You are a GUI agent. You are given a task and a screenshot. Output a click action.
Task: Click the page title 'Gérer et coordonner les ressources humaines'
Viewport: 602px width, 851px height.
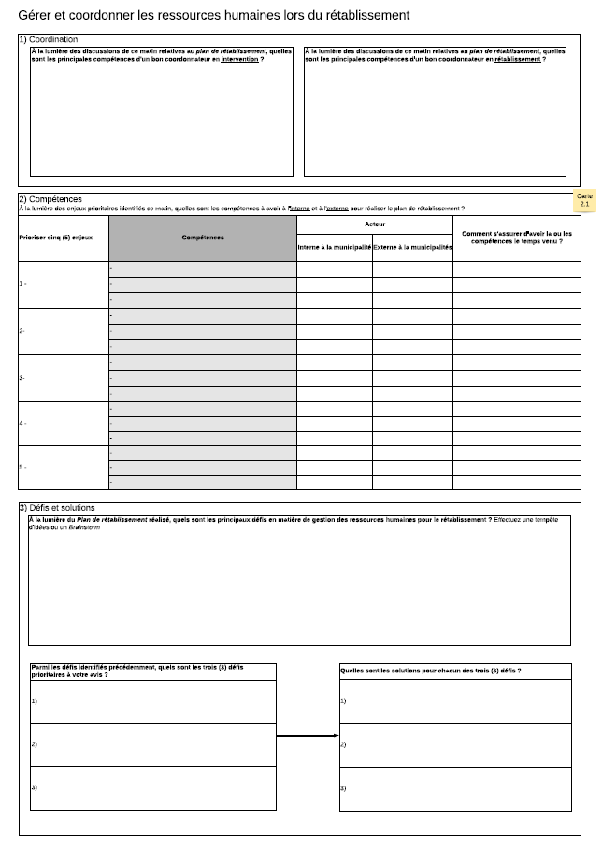(213, 16)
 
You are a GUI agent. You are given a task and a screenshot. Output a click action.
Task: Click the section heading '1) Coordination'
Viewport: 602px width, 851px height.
(49, 39)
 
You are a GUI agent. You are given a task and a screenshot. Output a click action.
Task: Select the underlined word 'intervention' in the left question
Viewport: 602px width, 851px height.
(240, 59)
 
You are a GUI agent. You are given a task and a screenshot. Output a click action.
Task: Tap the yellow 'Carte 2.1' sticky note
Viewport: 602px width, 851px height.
(584, 200)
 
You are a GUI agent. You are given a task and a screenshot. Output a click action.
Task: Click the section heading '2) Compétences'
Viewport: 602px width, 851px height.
(50, 199)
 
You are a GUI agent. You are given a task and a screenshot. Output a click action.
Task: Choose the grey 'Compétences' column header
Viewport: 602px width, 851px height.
(203, 238)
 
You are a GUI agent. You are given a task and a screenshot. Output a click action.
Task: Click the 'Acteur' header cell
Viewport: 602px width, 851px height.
(375, 224)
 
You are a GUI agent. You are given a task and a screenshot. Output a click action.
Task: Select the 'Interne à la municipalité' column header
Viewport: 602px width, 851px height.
(335, 247)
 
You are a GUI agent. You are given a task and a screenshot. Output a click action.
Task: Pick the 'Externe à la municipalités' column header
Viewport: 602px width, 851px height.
(412, 247)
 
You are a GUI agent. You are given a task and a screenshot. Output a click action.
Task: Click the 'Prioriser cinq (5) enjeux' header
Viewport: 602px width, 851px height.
(56, 238)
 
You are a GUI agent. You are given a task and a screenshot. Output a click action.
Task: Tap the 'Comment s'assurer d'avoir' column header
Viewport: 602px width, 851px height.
(517, 238)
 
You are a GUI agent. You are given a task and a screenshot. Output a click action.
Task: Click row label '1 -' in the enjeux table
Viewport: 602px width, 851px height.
(23, 283)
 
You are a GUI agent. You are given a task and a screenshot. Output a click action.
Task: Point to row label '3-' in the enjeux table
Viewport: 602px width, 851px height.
(22, 378)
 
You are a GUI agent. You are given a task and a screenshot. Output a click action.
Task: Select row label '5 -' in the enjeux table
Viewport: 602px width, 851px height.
(23, 467)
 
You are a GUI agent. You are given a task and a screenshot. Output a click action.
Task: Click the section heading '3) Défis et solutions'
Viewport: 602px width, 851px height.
(57, 508)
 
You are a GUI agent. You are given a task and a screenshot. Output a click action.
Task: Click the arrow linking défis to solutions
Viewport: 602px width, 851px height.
(308, 736)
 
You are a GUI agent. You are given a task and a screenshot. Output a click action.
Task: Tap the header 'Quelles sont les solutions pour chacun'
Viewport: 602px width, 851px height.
(431, 671)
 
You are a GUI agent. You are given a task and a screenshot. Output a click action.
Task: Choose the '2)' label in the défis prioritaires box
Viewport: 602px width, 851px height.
(35, 744)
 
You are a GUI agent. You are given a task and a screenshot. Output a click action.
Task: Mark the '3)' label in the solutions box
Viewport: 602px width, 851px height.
(343, 788)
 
